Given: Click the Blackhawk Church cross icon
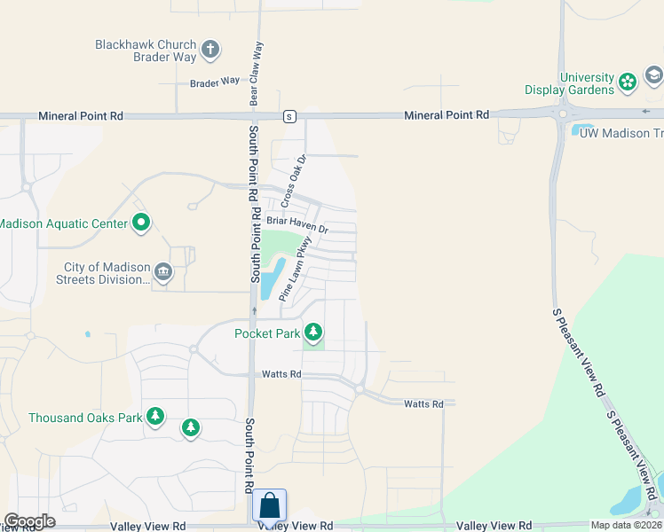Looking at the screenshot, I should coord(210,49).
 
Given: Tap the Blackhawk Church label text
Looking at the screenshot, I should coord(146,44).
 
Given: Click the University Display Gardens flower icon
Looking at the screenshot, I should coord(628,82).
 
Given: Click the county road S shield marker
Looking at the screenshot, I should coord(289,116).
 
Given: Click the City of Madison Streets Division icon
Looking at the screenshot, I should coord(162,271).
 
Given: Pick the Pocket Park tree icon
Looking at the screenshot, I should coord(312,333).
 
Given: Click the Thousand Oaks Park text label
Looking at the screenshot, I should coord(85,418).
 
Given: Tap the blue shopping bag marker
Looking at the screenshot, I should coord(270,506).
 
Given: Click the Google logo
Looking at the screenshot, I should coord(29,521).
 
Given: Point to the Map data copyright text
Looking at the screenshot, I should coord(627,525).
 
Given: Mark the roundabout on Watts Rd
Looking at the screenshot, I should coord(360,389).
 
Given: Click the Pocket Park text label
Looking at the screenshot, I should coord(267,333).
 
